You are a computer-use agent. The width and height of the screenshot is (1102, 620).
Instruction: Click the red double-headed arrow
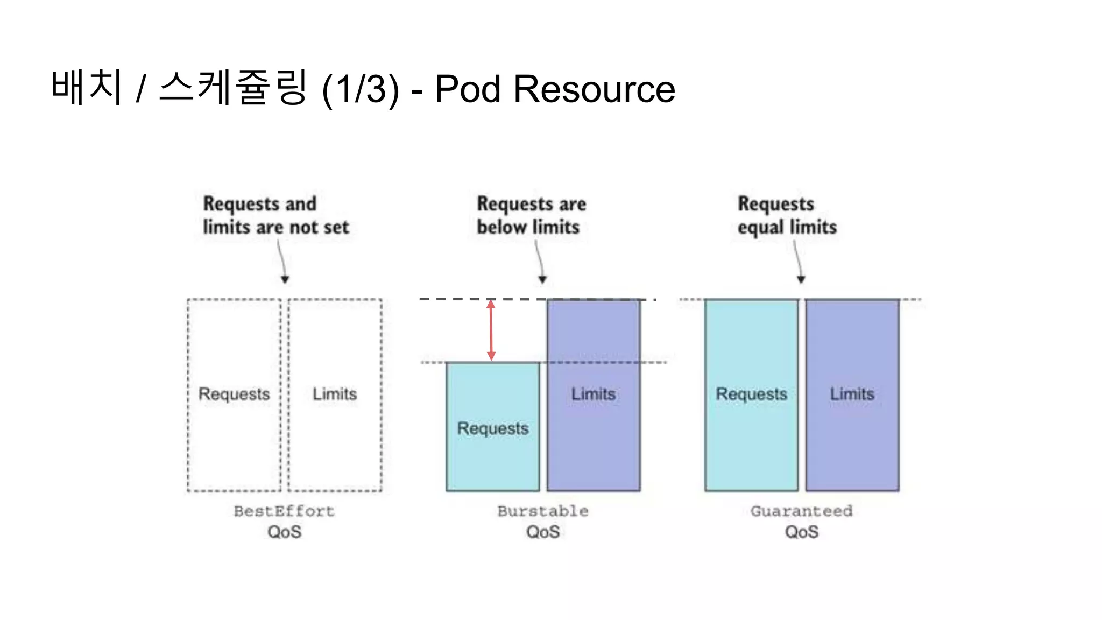click(491, 330)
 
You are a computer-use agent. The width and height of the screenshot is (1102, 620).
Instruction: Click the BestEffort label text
click(284, 511)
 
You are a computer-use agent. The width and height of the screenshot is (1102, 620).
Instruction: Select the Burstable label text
click(542, 511)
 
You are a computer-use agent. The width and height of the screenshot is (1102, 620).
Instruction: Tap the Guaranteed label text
click(801, 511)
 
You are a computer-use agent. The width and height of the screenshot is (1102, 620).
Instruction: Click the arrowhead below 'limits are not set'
click(285, 279)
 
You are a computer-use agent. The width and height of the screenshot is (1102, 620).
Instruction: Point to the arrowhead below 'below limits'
click(542, 279)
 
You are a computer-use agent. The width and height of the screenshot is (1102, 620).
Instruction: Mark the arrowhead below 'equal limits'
click(801, 279)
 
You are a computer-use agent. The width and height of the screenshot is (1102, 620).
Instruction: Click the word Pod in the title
click(468, 89)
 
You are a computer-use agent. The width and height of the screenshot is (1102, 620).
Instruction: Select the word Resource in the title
click(594, 89)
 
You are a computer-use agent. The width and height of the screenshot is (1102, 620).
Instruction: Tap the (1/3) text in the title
click(361, 89)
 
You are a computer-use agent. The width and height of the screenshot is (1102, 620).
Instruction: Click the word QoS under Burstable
click(543, 532)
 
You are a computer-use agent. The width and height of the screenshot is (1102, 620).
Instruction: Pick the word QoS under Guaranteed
click(801, 532)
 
